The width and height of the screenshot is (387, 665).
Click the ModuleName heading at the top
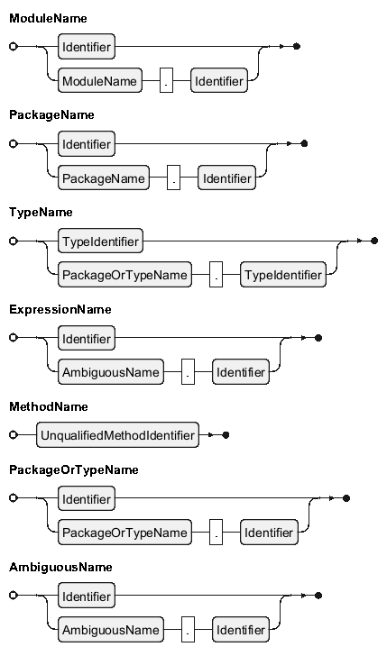(48, 18)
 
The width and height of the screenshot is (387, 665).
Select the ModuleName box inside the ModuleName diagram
(100, 80)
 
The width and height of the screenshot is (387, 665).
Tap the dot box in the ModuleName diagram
(167, 80)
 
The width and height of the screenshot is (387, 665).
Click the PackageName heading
(51, 115)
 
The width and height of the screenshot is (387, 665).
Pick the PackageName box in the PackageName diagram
(104, 178)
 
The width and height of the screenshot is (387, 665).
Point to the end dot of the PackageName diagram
(304, 144)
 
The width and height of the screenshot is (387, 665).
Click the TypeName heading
(41, 213)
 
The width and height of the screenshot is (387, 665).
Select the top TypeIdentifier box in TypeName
(100, 241)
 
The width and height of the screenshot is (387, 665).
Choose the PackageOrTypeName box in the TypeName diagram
(124, 275)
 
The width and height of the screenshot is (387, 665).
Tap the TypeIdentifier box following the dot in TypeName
(283, 275)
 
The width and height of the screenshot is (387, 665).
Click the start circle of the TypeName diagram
(14, 241)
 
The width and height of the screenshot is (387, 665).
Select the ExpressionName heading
(60, 310)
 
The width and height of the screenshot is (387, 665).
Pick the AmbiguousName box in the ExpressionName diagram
(111, 372)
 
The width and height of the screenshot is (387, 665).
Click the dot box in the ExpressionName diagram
(189, 372)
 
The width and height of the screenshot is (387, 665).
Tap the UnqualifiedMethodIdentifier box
(117, 434)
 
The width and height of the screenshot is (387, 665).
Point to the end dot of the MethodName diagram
(226, 434)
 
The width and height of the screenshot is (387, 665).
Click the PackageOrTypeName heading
(74, 469)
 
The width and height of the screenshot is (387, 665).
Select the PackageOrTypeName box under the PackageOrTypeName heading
(124, 533)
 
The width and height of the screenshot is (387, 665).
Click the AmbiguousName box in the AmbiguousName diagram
(111, 629)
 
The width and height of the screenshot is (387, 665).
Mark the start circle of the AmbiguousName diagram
(14, 596)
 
